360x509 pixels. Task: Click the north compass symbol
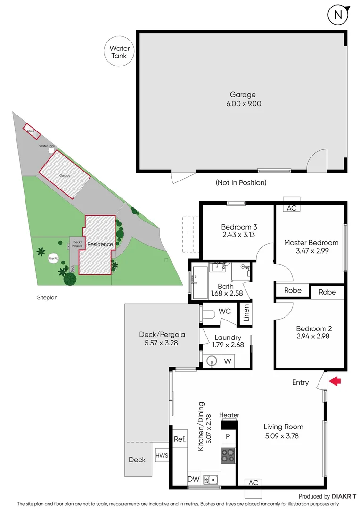338,15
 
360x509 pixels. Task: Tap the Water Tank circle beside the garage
120,52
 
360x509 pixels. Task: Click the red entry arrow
335,381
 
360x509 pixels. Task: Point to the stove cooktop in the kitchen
228,455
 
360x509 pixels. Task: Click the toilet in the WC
209,312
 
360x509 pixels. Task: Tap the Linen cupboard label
245,313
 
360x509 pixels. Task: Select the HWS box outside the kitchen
162,455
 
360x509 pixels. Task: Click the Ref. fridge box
180,439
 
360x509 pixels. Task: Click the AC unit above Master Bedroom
292,208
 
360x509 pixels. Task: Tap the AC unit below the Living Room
253,483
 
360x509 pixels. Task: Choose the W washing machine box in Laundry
228,361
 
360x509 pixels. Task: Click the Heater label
229,415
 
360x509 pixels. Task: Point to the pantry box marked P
228,436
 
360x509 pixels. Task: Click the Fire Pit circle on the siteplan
52,258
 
